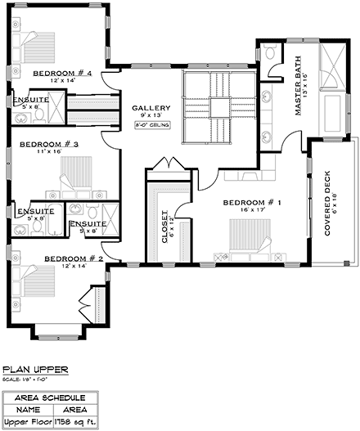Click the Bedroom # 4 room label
click(x=61, y=74)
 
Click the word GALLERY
click(x=151, y=108)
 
